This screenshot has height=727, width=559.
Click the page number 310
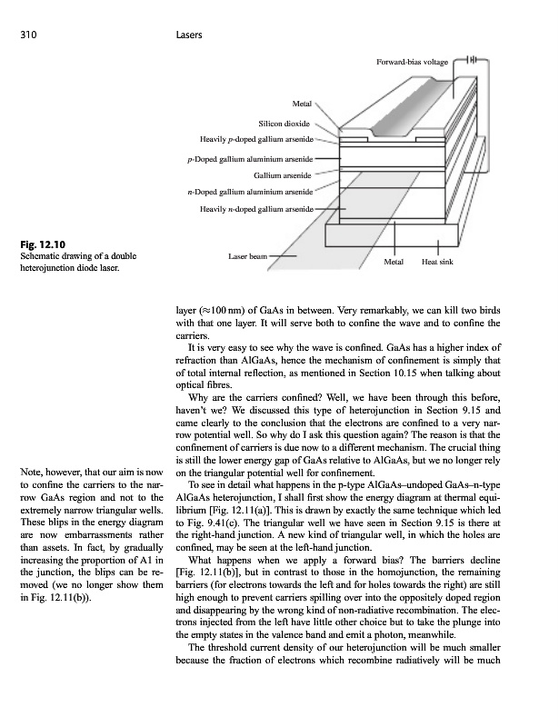click(x=29, y=35)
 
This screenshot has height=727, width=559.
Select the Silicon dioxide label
click(x=286, y=122)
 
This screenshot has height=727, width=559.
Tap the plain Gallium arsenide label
click(x=284, y=174)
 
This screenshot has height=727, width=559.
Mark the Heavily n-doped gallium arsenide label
click(x=256, y=209)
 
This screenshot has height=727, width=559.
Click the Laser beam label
click(x=247, y=256)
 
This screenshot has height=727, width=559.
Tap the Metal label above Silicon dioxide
click(x=303, y=105)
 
